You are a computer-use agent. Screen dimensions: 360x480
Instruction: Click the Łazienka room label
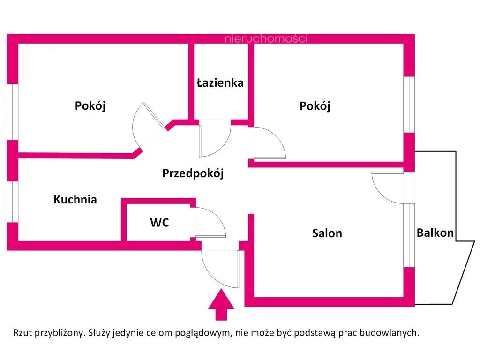220,83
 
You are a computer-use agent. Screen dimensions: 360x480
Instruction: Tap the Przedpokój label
193,173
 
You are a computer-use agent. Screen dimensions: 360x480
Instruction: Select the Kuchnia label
75,200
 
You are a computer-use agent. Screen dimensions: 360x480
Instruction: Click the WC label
159,223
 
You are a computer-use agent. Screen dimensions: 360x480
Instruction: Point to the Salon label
327,233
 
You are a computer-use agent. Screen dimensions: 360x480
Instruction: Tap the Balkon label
435,232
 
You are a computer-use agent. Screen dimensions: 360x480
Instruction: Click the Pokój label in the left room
90,106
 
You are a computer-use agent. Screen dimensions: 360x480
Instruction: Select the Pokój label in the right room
315,106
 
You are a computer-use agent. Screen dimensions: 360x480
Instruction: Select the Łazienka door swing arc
217,141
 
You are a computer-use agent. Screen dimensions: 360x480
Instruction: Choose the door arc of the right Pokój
272,143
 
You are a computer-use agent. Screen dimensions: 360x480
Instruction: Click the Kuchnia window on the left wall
12,202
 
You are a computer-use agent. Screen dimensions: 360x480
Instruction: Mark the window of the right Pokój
410,105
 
